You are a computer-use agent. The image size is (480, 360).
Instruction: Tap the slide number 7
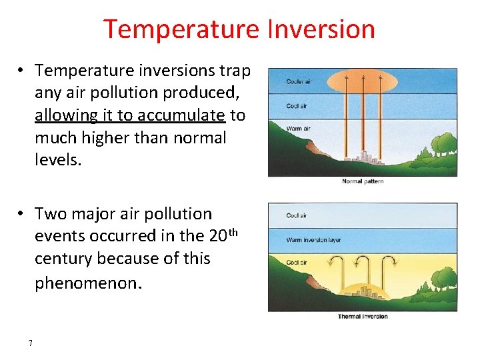click(x=30, y=343)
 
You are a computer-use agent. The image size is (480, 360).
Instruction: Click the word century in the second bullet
click(x=66, y=259)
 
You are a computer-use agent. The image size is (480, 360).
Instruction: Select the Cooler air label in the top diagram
click(x=299, y=81)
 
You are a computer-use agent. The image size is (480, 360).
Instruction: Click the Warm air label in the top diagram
click(x=297, y=128)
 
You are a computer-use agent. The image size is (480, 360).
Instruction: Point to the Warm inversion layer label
click(x=313, y=239)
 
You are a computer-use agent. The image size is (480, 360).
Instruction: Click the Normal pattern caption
click(x=363, y=181)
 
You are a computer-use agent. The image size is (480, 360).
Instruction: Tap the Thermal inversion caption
click(x=363, y=317)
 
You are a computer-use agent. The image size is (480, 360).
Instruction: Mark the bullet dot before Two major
click(x=22, y=214)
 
